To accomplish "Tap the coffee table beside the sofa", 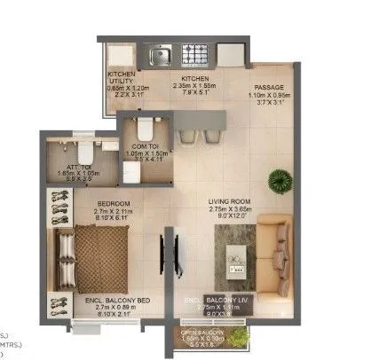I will tap(237, 246).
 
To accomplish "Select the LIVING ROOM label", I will tap(230, 202).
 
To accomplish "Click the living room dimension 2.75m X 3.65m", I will tap(230, 210).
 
